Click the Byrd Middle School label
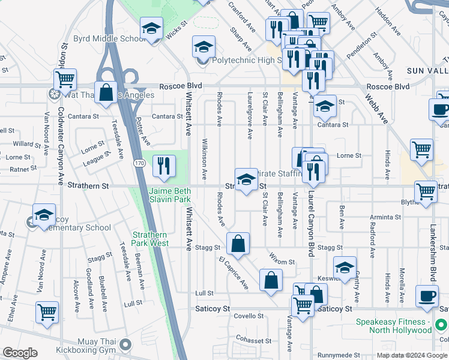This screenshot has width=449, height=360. (105, 39)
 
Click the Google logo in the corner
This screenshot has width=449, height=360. (21, 353)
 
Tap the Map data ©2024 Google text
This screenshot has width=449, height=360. (412, 355)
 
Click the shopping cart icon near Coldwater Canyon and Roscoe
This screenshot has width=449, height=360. (65, 79)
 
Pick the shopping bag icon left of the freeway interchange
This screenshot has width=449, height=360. (106, 94)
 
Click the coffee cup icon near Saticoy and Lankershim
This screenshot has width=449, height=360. (427, 296)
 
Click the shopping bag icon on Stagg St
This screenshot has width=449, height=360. (238, 244)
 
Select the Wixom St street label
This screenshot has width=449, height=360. (282, 262)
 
